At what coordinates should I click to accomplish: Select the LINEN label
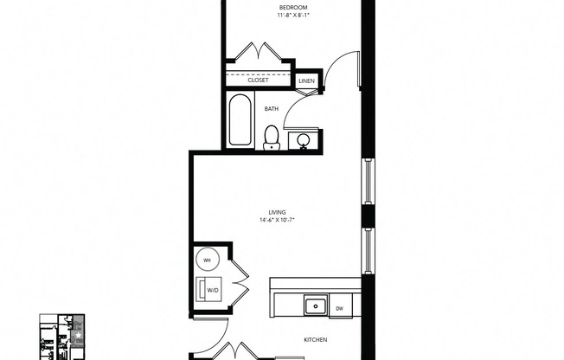coord(306,81)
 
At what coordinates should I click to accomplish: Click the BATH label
coord(272,109)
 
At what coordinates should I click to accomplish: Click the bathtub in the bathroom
coord(240,121)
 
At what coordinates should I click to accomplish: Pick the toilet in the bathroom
coord(272,137)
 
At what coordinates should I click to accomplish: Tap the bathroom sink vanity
coord(304,138)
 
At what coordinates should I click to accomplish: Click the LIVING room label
coord(277,212)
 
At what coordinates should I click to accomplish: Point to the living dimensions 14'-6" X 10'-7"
coord(277,220)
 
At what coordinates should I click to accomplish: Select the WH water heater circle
coord(208,259)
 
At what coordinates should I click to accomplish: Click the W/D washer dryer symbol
coord(212,290)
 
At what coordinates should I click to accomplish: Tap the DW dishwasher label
coord(339,307)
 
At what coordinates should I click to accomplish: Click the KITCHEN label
coord(315,341)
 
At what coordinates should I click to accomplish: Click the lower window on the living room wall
coord(368,250)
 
